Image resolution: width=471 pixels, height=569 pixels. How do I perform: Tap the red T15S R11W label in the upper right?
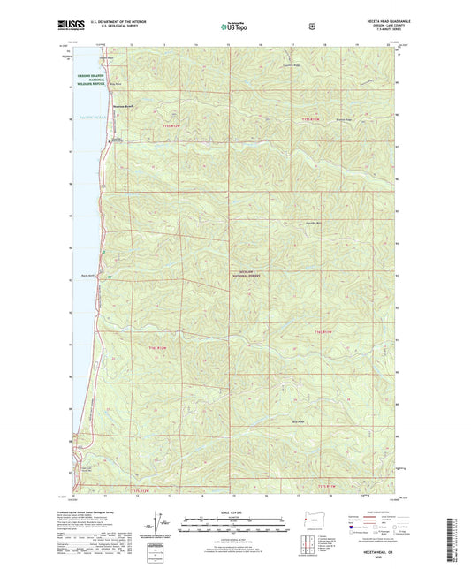(x=307, y=118)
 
